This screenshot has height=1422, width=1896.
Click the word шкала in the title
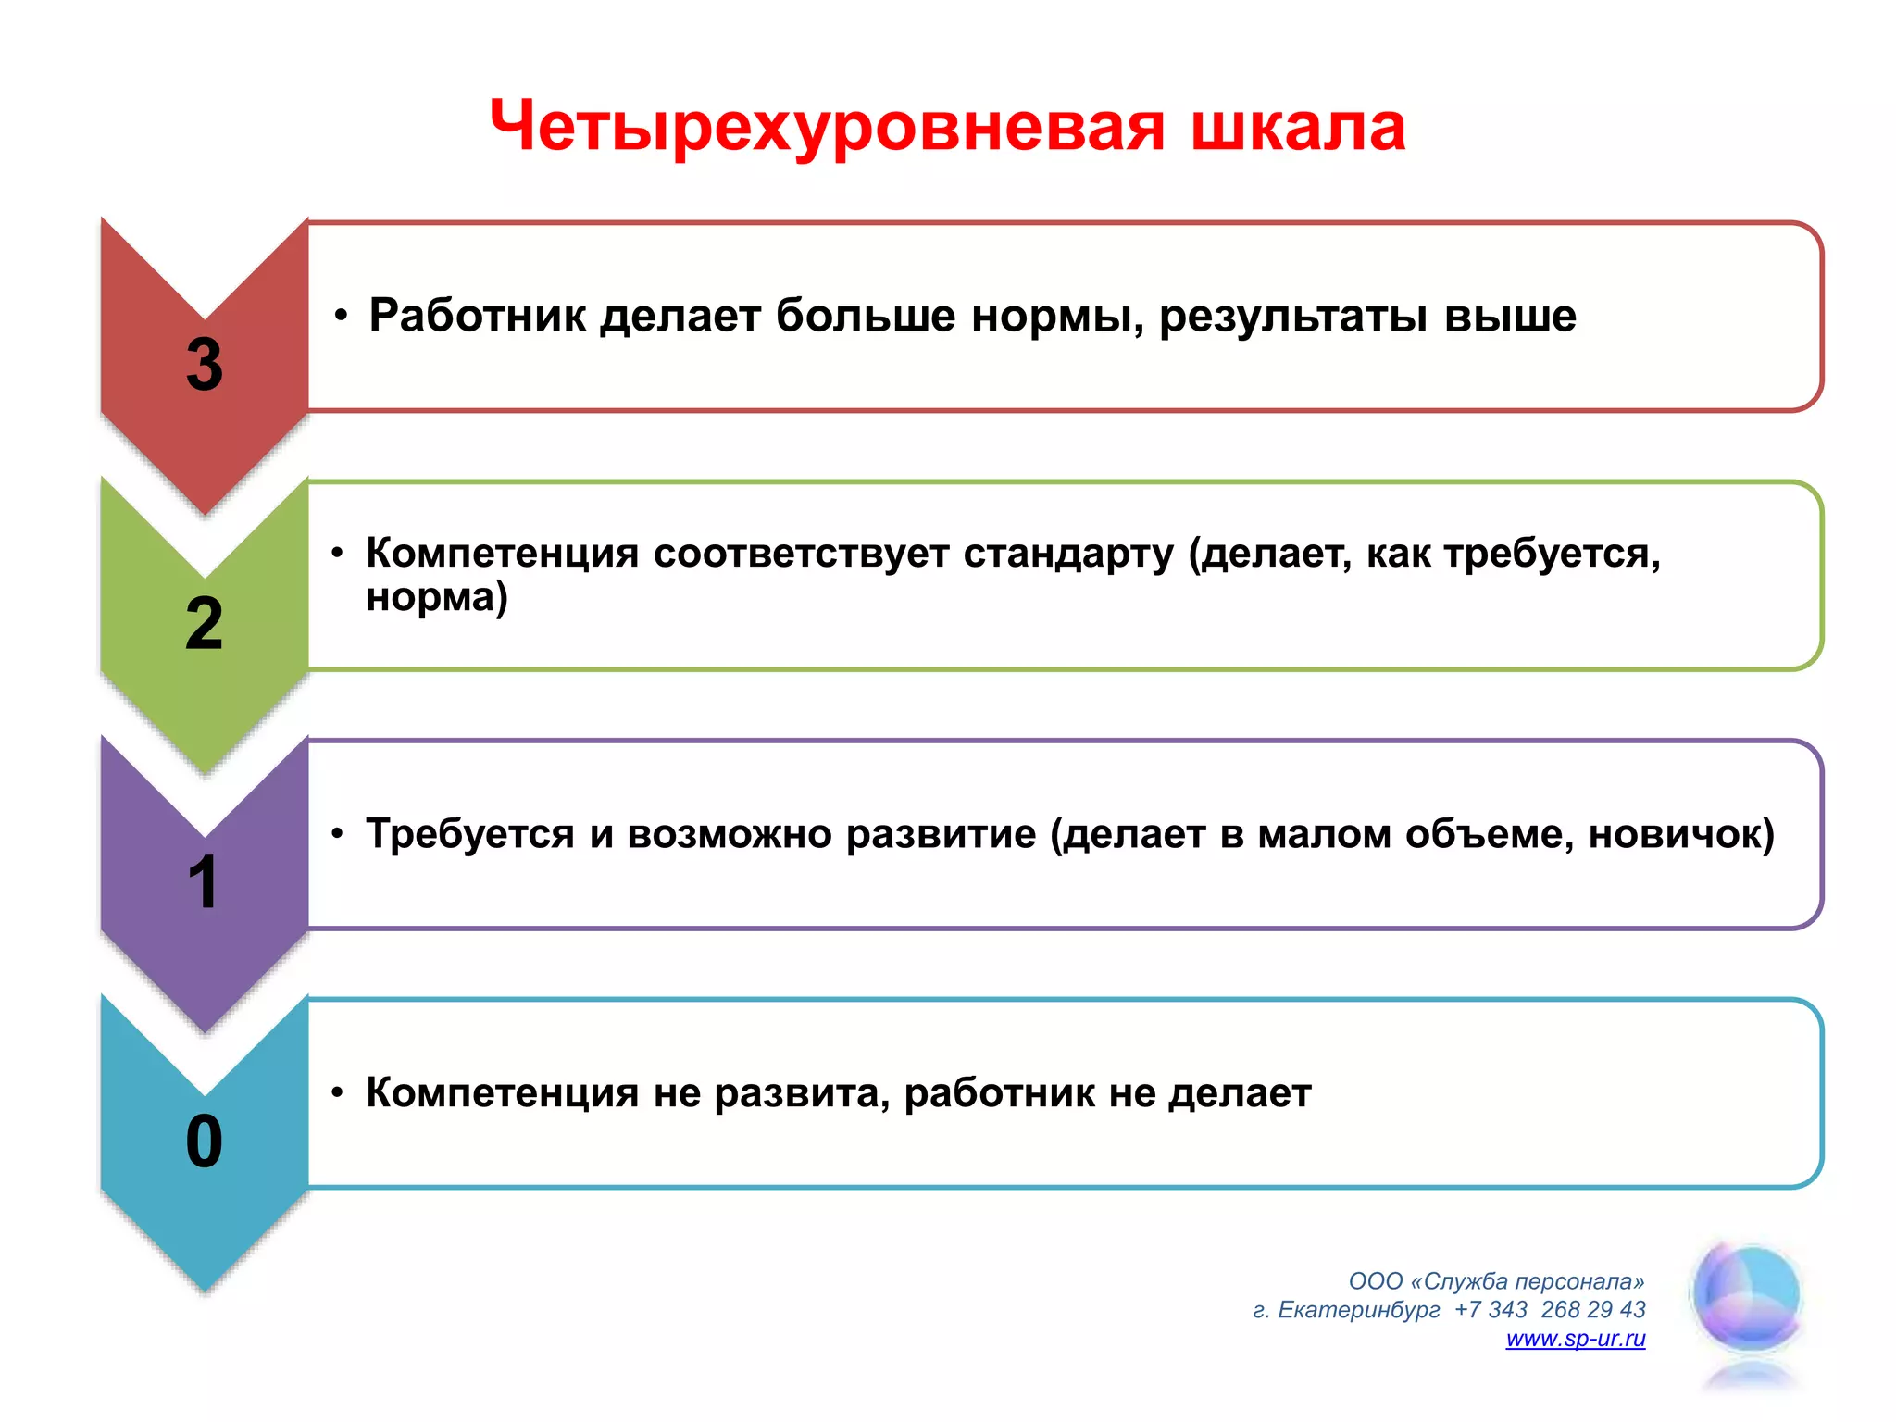pyautogui.click(x=1298, y=128)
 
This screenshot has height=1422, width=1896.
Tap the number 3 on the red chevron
pyautogui.click(x=205, y=365)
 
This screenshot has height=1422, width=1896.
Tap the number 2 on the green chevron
pyautogui.click(x=205, y=624)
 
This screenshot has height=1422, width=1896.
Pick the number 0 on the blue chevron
pyautogui.click(x=205, y=1141)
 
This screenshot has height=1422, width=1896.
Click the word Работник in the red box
pyautogui.click(x=478, y=316)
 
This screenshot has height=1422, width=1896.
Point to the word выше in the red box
pyautogui.click(x=1510, y=316)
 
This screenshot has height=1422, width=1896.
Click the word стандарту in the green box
pyautogui.click(x=1068, y=554)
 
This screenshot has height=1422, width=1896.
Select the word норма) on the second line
pyautogui.click(x=437, y=597)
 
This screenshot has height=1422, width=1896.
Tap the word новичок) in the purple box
pyautogui.click(x=1681, y=834)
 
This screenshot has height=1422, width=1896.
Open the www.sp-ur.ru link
pyautogui.click(x=1575, y=1339)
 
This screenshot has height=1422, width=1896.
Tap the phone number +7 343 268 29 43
pyautogui.click(x=1550, y=1310)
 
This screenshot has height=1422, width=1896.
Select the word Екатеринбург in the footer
pyautogui.click(x=1358, y=1310)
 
